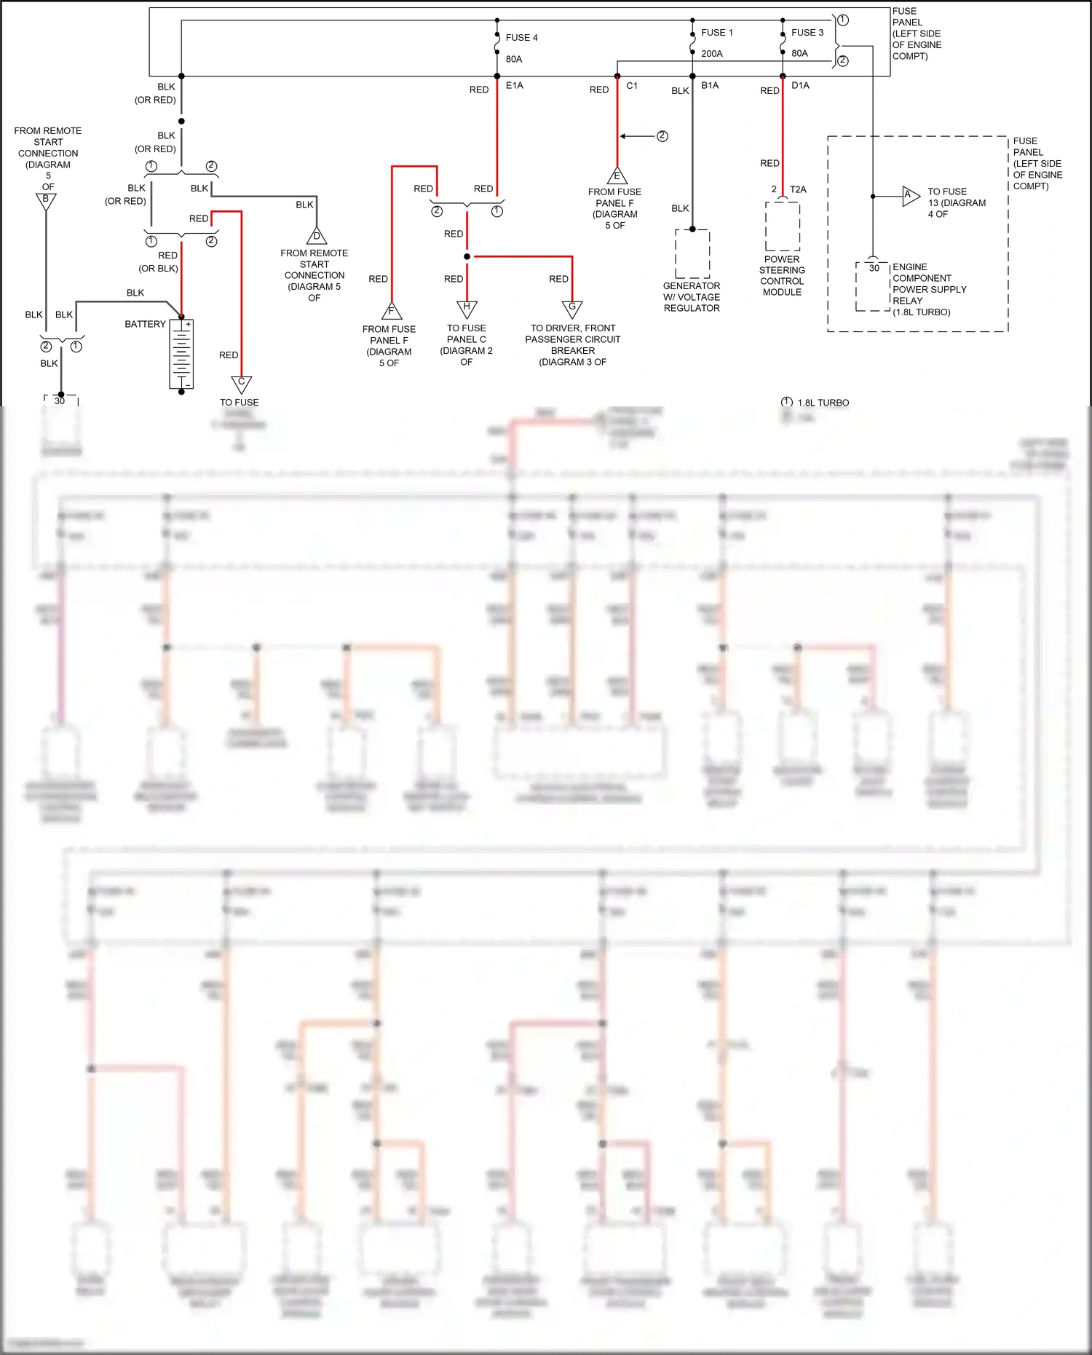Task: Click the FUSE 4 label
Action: coord(521,38)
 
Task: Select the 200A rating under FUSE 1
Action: coord(711,54)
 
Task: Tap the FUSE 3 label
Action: coord(807,33)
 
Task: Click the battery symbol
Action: coord(181,355)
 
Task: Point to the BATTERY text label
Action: coord(145,324)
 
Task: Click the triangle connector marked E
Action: coord(617,176)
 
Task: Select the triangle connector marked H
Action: coord(467,308)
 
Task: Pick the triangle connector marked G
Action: coord(572,308)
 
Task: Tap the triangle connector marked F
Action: coord(392,312)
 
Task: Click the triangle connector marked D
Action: coord(317,237)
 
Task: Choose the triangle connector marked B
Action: coord(46,200)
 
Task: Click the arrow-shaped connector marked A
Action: coord(910,196)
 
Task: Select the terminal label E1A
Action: coord(514,86)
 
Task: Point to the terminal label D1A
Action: coord(800,86)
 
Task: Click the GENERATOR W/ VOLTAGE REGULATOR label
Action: coord(691,297)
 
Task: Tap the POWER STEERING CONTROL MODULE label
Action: coord(782,276)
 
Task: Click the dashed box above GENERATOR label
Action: coord(692,253)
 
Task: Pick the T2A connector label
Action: coord(798,189)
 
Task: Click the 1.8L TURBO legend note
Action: coord(822,403)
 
